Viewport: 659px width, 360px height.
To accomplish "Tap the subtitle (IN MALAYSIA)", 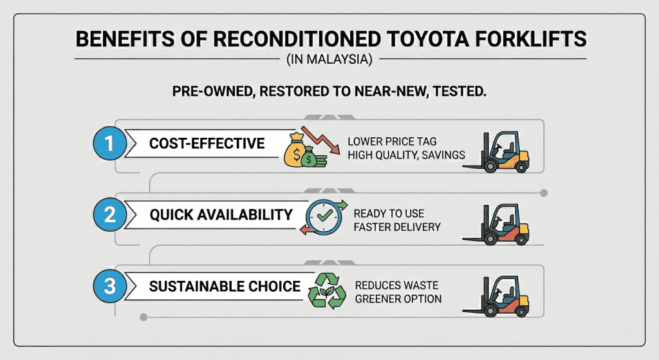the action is pos(329,60).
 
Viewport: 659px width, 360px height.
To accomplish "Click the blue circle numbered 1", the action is pos(109,143).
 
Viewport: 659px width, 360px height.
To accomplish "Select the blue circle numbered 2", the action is pos(109,214).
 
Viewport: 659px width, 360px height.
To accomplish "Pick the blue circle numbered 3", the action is pos(109,286).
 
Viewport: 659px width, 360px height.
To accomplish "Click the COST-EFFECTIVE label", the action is pos(207,143).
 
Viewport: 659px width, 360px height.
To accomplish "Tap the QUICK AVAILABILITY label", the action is pos(221,214).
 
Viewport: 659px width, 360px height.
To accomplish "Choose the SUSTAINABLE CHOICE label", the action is pos(225,286).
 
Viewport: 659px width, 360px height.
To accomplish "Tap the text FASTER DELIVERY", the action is pos(398,227).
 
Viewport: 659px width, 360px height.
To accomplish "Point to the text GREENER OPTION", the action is pos(398,299).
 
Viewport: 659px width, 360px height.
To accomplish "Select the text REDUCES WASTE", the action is pos(396,285).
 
